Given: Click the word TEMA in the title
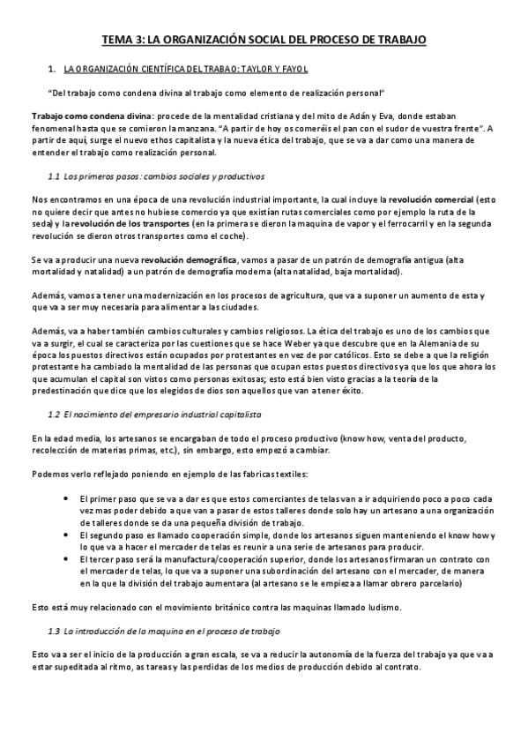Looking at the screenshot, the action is pyautogui.click(x=117, y=41).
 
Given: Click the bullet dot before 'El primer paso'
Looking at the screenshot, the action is pyautogui.click(x=68, y=498).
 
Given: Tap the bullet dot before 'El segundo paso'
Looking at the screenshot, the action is pyautogui.click(x=68, y=535).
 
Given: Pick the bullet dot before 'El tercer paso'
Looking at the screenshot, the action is pyautogui.click(x=68, y=559).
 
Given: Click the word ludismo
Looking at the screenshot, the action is pyautogui.click(x=383, y=607).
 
